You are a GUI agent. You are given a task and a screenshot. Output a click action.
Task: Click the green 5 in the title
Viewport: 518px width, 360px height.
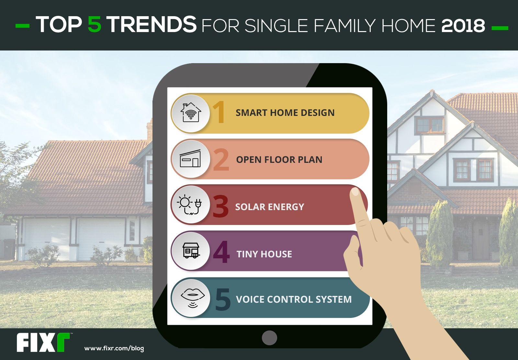pos(95,24)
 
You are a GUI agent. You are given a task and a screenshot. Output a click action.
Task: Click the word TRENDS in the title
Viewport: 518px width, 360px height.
pos(152,24)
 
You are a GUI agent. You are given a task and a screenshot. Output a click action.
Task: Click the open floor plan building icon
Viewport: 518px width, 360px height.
pos(190,159)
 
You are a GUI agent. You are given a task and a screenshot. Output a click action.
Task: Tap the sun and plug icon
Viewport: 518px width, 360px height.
pos(189,205)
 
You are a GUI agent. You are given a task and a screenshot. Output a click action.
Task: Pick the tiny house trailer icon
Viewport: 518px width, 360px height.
pos(191,250)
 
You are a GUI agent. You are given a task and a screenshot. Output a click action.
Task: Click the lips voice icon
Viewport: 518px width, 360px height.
pos(193,298)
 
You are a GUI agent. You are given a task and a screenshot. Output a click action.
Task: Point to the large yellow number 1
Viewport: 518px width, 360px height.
pos(219,112)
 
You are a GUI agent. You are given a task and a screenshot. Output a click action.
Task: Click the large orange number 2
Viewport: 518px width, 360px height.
pos(221,160)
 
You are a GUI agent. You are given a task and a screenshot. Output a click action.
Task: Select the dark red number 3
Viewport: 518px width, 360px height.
pos(220,206)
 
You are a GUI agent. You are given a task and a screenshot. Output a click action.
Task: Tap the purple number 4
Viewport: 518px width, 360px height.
pos(221,252)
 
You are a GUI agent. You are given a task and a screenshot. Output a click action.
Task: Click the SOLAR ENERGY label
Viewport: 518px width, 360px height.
pos(270,207)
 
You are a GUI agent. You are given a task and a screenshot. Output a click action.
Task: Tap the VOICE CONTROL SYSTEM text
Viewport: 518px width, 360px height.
pos(294,299)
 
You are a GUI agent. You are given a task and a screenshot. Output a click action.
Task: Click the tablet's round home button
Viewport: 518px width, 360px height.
pos(269,338)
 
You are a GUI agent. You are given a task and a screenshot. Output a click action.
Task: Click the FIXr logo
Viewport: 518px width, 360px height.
pos(43,343)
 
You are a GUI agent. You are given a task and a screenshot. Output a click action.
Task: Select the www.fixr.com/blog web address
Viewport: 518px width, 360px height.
pos(114,348)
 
